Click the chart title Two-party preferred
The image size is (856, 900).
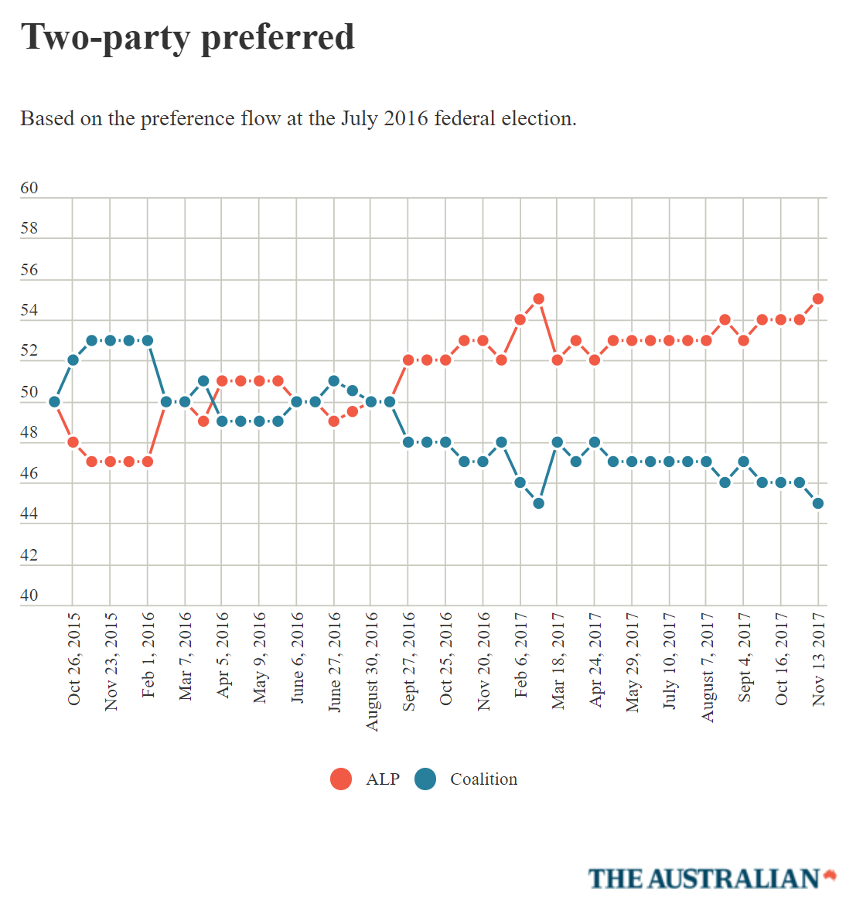coord(187,37)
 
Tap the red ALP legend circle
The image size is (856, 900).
coord(341,779)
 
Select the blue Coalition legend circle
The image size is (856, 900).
coord(425,779)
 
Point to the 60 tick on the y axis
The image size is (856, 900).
coord(29,188)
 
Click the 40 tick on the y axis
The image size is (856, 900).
coord(29,595)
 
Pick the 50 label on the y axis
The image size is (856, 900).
coord(29,392)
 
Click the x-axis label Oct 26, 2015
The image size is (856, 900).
coord(73,659)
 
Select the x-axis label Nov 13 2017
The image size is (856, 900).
coord(819,659)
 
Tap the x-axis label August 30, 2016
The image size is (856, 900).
coord(372,671)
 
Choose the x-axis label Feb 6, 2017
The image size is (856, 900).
coord(520,655)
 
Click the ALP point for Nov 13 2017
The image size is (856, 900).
coord(818,298)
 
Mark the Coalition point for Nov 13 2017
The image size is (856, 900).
coord(818,503)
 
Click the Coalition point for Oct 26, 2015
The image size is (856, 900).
coord(73,360)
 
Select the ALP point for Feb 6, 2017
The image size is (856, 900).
coord(520,319)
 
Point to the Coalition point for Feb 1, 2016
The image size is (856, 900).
coord(148,340)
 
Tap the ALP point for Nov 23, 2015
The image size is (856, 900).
coord(110,462)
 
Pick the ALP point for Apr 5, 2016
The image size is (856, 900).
coord(222,380)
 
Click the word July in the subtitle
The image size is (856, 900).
coord(359,118)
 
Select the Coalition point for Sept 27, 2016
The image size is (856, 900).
coord(408,441)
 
